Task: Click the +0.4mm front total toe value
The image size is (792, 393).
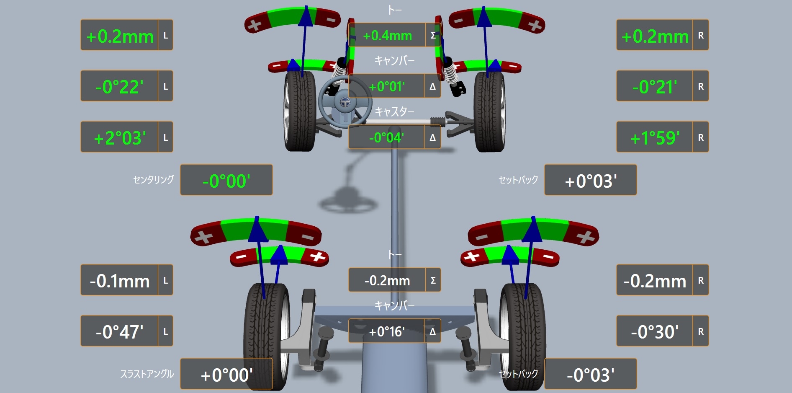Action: pos(387,36)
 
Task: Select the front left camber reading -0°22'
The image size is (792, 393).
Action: pos(120,87)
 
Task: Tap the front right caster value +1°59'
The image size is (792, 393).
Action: pos(655,138)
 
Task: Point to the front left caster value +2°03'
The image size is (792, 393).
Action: pos(120,138)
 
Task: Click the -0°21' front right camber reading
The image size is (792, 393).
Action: pos(655,87)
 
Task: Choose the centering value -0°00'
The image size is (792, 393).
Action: pos(226,181)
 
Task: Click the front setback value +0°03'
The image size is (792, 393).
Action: pos(591,181)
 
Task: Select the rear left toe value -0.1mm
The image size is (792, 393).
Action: pos(120,281)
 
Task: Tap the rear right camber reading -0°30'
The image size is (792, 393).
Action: pos(655,332)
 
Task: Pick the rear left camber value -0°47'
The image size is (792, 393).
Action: pos(120,332)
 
